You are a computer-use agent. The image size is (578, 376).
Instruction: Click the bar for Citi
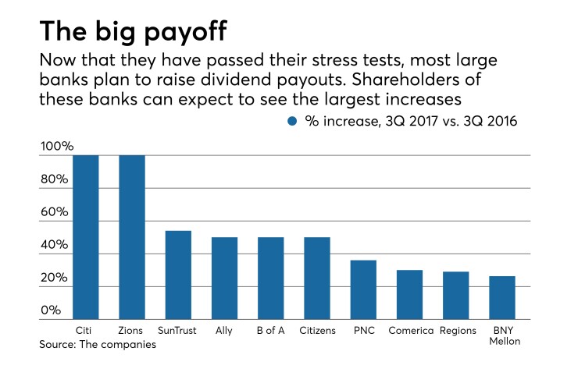tap(86, 237)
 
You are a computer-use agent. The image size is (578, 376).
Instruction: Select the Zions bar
tap(132, 237)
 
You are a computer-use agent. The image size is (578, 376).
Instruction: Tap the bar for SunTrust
tap(178, 275)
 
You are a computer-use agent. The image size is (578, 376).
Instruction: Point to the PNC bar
tap(363, 289)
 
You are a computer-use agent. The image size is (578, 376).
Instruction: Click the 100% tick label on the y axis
tap(57, 147)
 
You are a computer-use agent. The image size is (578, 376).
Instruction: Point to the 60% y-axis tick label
tap(55, 212)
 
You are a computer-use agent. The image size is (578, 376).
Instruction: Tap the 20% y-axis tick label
tap(55, 278)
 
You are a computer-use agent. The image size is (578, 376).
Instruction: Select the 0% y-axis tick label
tap(52, 310)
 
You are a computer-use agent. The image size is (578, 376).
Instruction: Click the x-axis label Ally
tap(224, 331)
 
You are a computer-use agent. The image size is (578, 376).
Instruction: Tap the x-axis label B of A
tap(270, 331)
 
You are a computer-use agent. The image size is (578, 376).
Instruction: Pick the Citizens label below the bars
tap(316, 331)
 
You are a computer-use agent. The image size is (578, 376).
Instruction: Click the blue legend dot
tap(293, 121)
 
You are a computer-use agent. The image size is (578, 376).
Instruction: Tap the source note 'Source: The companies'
tap(96, 344)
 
